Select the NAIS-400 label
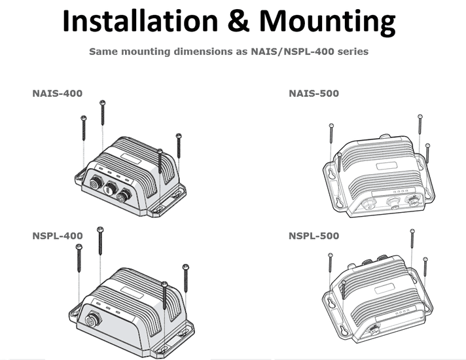58,94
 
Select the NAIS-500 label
314,94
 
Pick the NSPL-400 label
58,235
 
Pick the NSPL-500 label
314,235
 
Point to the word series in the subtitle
353,51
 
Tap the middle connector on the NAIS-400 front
122,194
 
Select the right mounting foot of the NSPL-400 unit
183,327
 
